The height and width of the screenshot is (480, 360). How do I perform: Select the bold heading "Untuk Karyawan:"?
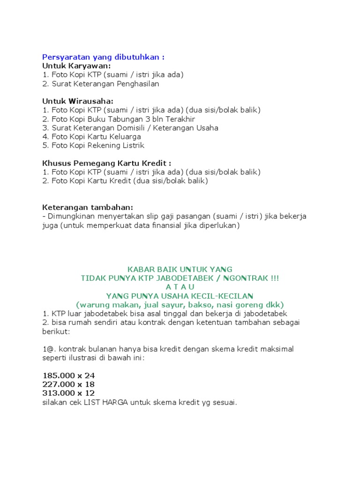[76, 66]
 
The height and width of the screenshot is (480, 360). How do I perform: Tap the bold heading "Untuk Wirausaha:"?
[78, 101]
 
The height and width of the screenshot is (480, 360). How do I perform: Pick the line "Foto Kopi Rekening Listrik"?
[93, 145]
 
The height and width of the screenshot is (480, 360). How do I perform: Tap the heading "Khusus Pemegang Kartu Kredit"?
[106, 163]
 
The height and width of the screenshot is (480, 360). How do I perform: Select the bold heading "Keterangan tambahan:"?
[88, 207]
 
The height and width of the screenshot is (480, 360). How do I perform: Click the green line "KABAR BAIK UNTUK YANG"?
[180, 270]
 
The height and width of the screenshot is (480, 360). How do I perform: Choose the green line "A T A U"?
[180, 287]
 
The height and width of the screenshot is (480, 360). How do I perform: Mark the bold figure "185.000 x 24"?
[68, 375]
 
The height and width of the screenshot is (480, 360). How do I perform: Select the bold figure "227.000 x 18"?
[68, 384]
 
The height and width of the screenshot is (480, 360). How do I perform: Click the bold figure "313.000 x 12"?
[68, 393]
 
